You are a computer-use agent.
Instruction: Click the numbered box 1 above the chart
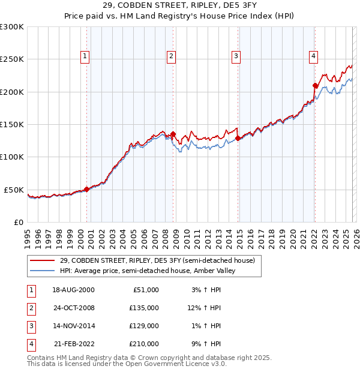[85, 56]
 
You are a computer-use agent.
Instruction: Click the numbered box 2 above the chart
[172, 56]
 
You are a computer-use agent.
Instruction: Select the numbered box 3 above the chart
[236, 56]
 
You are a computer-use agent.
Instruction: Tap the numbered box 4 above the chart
[313, 56]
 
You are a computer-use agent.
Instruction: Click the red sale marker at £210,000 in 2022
[315, 86]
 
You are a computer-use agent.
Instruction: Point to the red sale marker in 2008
[173, 134]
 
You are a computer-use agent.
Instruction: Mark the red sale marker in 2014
[238, 138]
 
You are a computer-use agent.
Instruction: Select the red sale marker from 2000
[87, 189]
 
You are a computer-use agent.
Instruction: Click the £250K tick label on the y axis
[12, 59]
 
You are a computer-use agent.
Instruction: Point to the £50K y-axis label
[14, 190]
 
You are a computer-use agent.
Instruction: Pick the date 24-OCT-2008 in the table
[73, 308]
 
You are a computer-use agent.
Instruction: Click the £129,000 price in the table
[144, 326]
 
